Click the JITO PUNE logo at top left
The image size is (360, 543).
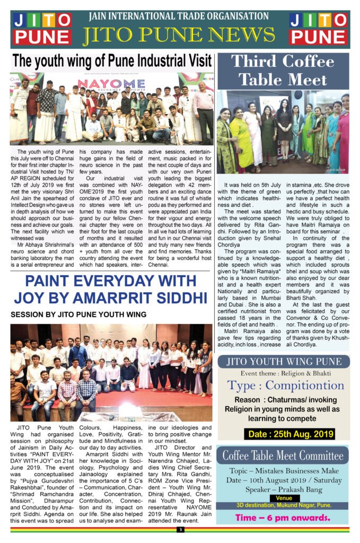pyautogui.click(x=42, y=29)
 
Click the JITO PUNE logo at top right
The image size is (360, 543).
pyautogui.click(x=318, y=29)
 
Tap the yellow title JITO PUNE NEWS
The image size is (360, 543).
pyautogui.click(x=179, y=36)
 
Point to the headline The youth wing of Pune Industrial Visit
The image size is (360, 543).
pyautogui.click(x=112, y=60)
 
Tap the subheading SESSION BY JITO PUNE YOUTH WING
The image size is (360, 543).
pyautogui.click(x=78, y=315)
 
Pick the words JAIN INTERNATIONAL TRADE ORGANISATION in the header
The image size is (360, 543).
pyautogui.click(x=179, y=17)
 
